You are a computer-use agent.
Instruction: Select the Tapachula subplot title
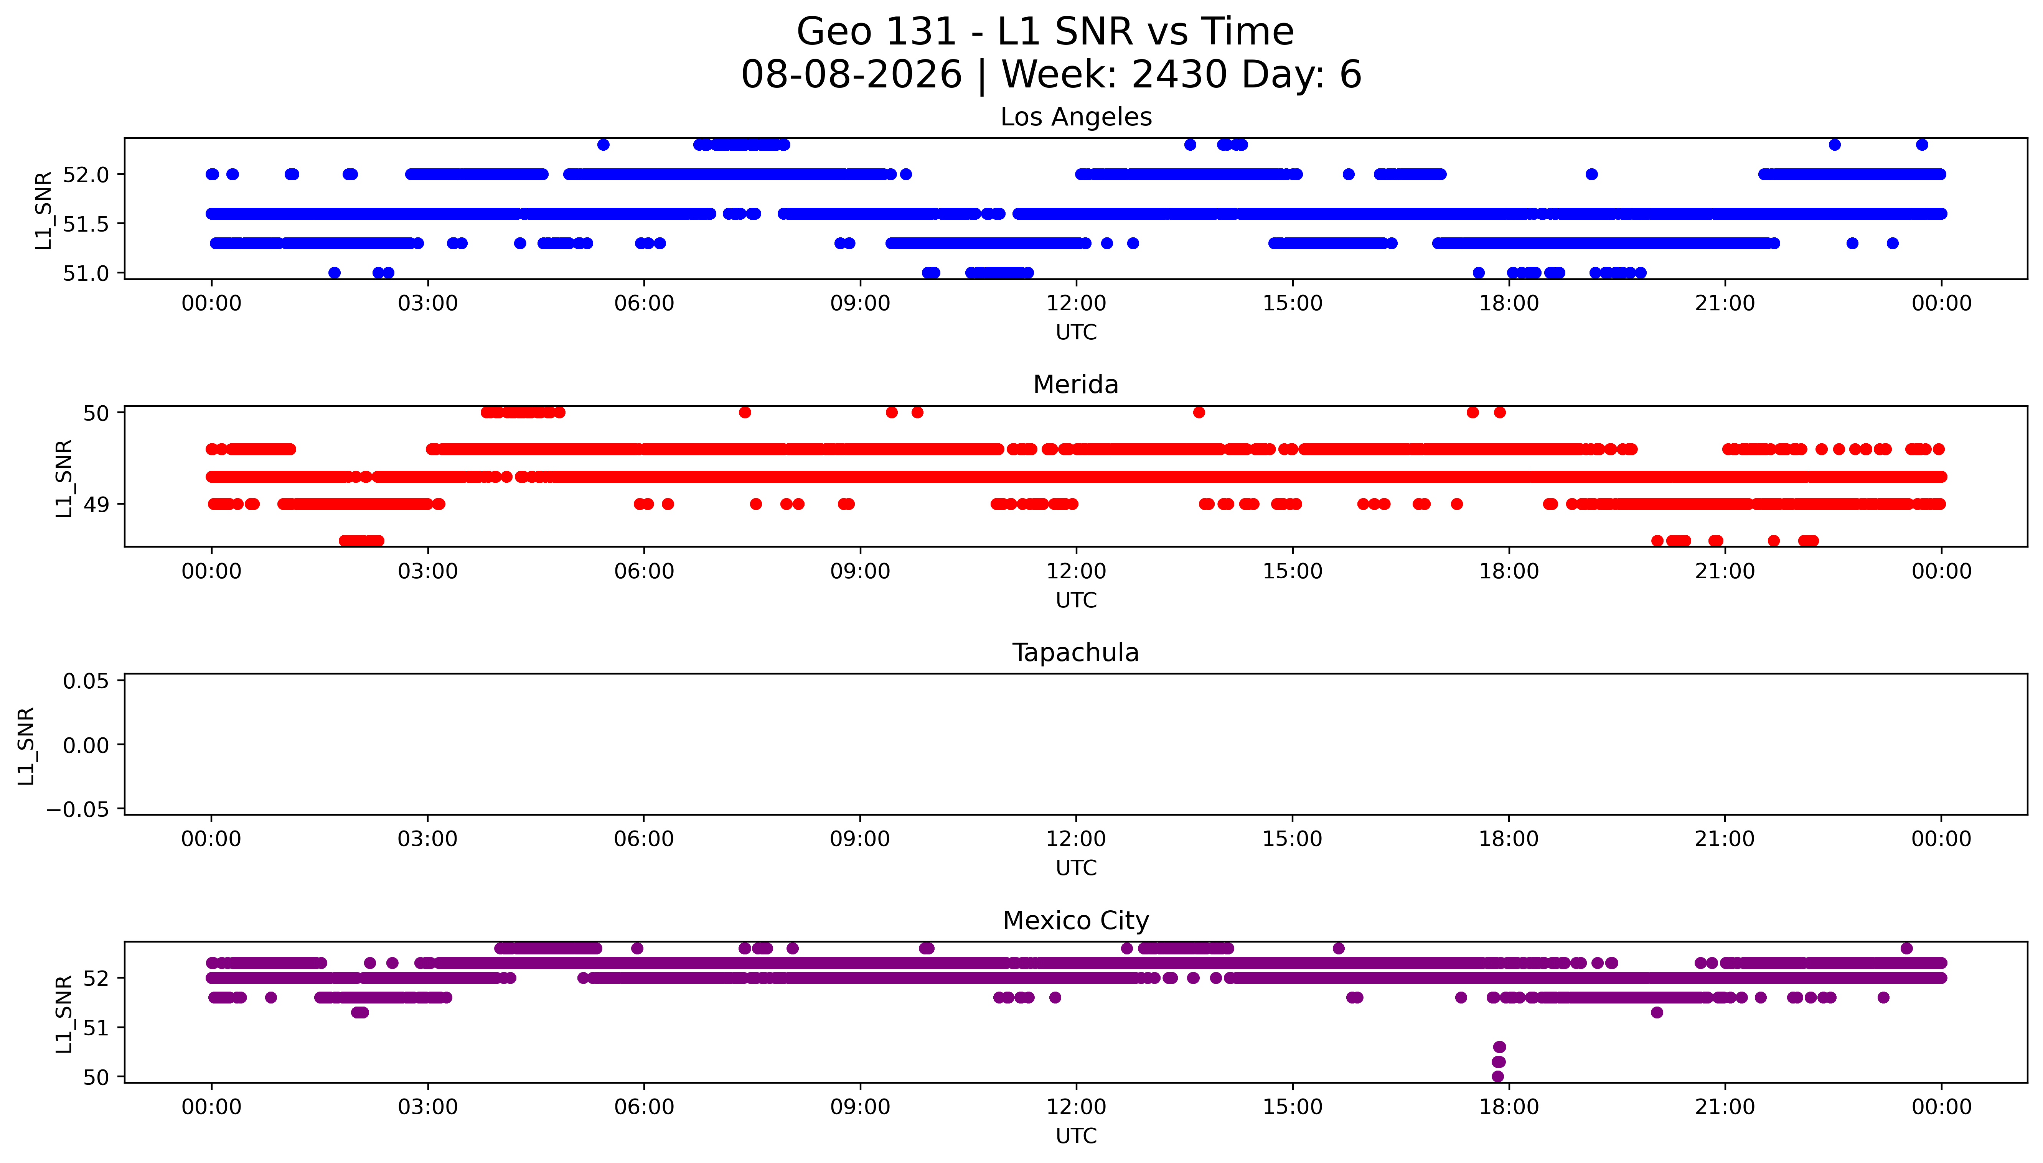click(x=1075, y=653)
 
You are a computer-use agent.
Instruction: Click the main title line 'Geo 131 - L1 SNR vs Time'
click(x=1045, y=32)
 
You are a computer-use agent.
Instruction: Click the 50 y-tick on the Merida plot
click(x=96, y=413)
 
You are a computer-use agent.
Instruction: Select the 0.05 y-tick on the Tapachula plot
click(x=86, y=681)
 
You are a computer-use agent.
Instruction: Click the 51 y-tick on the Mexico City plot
click(x=96, y=1028)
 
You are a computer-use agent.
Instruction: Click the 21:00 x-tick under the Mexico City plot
click(x=1725, y=1107)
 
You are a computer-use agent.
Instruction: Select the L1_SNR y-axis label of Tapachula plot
click(x=26, y=745)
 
